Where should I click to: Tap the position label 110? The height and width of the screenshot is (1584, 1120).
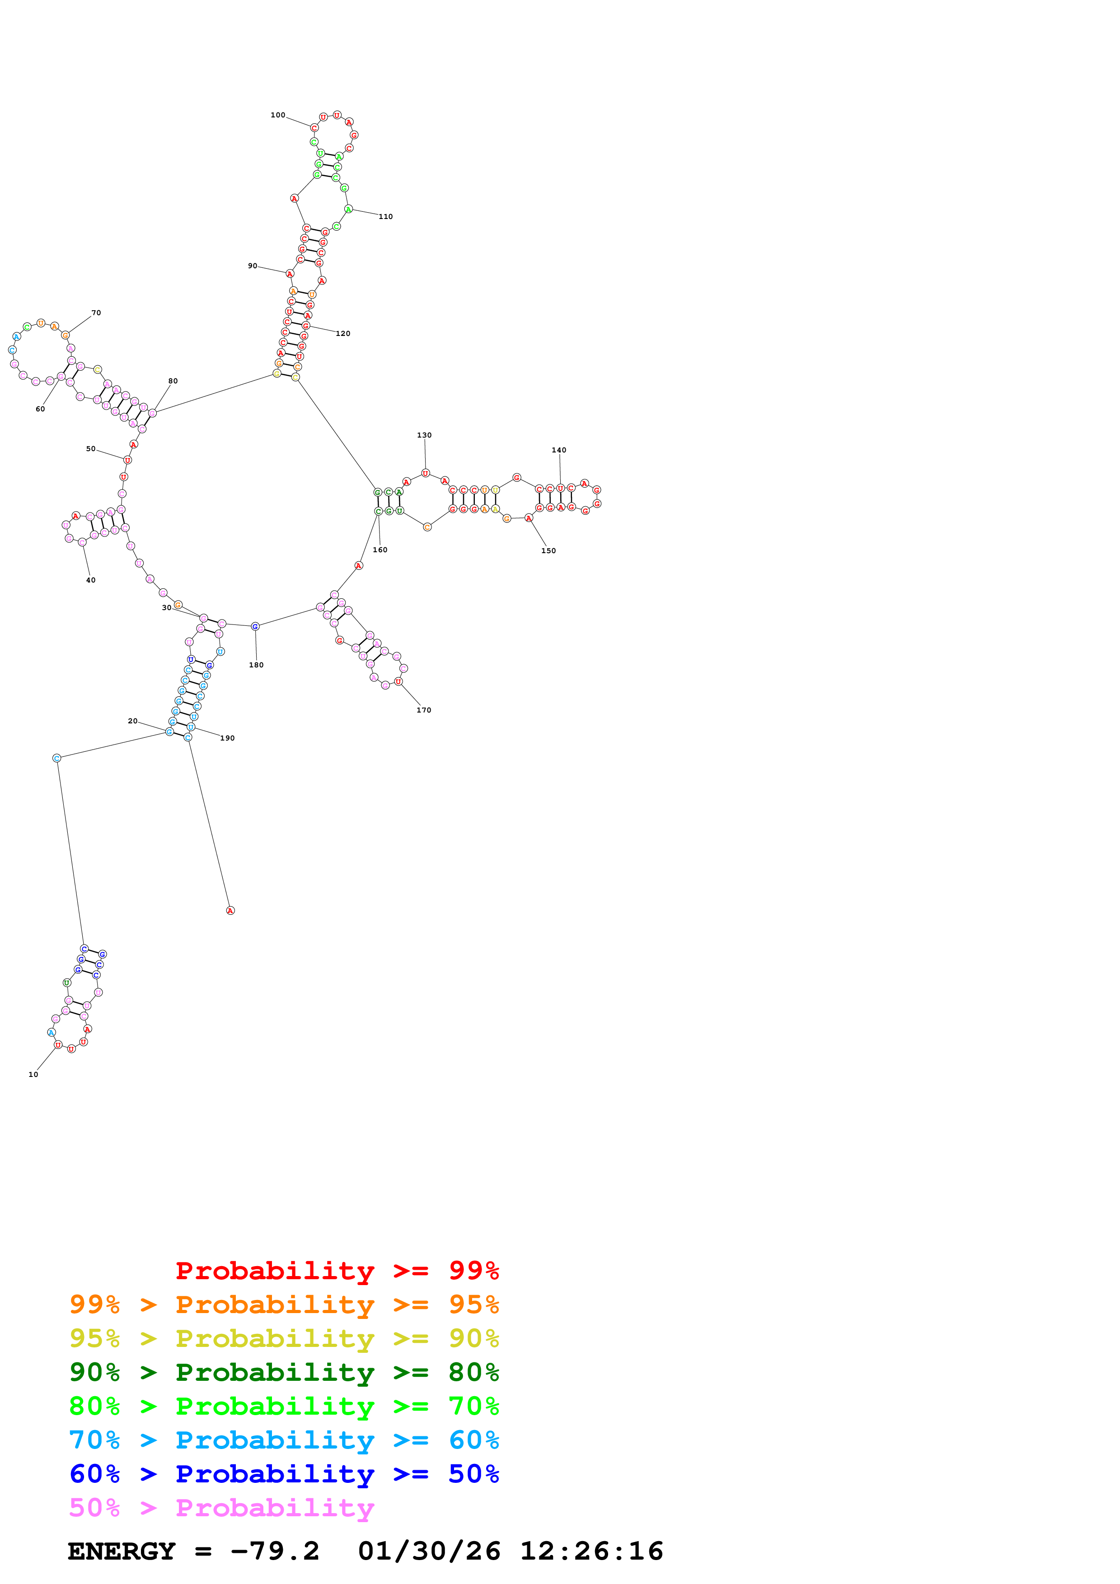386,217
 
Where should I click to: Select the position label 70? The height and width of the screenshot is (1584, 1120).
96,312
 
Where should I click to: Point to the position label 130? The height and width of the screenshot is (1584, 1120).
424,435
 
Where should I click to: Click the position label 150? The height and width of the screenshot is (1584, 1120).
548,550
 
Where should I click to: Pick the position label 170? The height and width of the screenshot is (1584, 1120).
424,710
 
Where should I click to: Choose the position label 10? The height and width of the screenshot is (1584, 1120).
33,1074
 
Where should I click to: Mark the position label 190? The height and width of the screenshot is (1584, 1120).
228,738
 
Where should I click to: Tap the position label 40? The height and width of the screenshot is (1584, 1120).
90,580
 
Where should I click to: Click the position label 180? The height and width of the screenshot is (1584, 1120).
256,665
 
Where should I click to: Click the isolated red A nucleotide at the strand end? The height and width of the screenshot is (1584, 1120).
230,911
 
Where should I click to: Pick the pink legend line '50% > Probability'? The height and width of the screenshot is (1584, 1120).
221,1508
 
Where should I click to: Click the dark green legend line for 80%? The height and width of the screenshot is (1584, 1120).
284,1372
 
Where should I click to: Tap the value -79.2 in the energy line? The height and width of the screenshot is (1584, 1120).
275,1551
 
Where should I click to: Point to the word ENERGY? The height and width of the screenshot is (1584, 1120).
122,1551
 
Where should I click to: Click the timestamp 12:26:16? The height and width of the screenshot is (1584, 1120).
591,1551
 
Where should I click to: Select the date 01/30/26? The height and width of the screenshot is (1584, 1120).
429,1551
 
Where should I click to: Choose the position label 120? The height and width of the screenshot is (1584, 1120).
343,334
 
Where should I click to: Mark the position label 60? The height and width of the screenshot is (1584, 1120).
40,409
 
